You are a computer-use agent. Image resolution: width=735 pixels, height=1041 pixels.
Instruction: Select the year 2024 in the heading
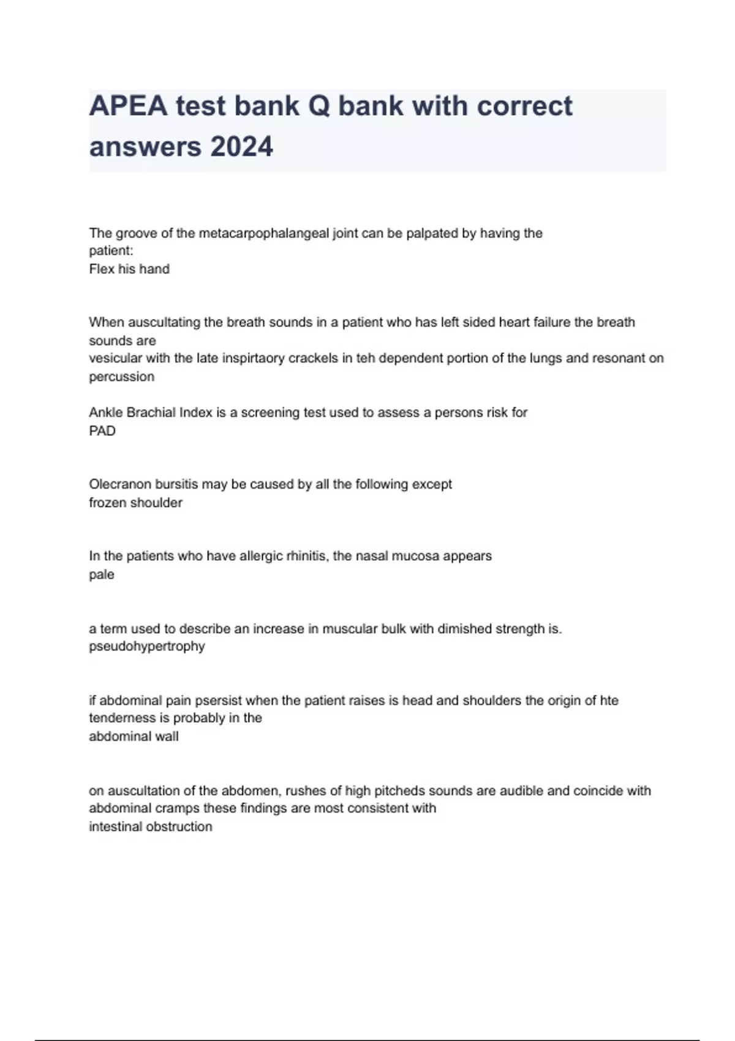coord(241,147)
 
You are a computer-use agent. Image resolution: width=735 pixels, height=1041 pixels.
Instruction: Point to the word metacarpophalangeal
coord(264,233)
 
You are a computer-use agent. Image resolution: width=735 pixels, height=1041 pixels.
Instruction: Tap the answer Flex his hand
coord(129,269)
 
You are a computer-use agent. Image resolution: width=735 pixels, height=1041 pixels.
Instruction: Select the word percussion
coord(121,377)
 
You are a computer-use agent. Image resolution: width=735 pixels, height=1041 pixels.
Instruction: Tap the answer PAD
coord(102,431)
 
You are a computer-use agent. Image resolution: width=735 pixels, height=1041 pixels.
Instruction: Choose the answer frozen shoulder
coord(135,503)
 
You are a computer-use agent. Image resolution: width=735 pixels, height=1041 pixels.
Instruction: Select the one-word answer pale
coord(102,575)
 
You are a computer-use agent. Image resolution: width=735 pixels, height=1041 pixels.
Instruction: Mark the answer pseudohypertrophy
coord(147,647)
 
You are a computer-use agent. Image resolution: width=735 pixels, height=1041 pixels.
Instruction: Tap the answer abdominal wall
coord(134,737)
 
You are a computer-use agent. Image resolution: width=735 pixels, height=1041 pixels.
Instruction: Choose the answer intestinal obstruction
coord(151,827)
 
